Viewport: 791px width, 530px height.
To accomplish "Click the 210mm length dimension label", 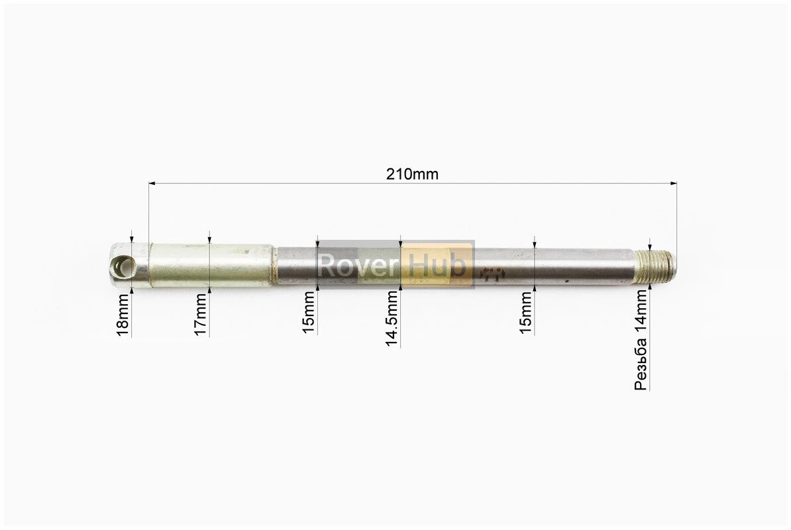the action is click(x=412, y=174).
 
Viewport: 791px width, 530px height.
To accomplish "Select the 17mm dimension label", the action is click(x=201, y=315).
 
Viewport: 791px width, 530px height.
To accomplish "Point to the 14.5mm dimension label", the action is click(x=392, y=319).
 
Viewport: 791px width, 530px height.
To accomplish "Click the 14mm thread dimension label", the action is click(x=641, y=341).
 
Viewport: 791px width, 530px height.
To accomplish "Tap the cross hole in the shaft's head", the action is click(x=124, y=266).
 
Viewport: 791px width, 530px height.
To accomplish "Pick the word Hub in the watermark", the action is click(x=437, y=264).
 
